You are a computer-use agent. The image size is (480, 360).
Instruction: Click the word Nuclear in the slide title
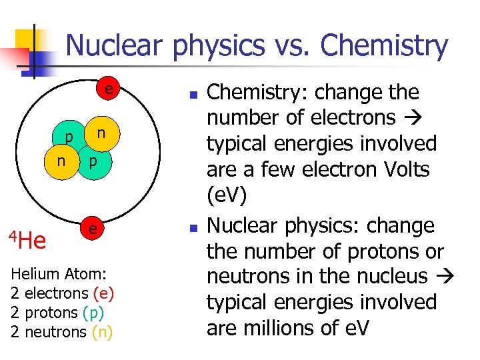[x=115, y=45]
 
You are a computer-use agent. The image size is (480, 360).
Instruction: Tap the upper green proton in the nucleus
[x=70, y=137]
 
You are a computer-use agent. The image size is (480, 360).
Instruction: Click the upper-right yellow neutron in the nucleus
[x=100, y=133]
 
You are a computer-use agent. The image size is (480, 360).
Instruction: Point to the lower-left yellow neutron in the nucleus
[x=61, y=161]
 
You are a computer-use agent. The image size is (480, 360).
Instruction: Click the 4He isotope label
[x=27, y=239]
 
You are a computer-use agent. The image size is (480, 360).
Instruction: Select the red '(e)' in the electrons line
[x=104, y=293]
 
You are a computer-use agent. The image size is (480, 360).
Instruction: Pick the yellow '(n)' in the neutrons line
[x=102, y=331]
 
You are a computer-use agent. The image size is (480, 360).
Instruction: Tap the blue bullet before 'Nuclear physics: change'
[x=191, y=228]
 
